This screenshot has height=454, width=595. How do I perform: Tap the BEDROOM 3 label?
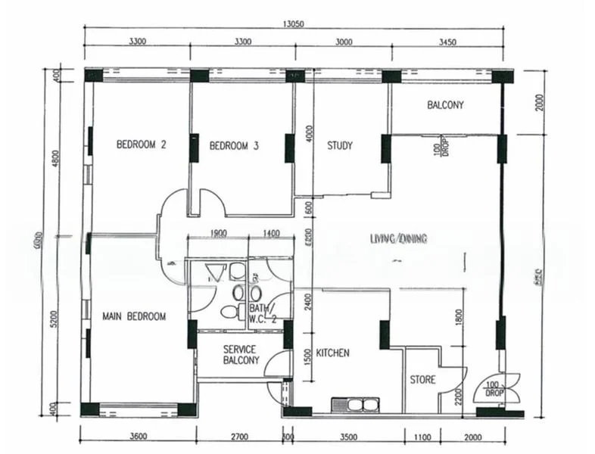coord(234,146)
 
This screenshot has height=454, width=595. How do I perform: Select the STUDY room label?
coord(339,146)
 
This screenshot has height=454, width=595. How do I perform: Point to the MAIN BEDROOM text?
coord(134,316)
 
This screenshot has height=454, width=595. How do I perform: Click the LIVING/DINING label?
coord(399,239)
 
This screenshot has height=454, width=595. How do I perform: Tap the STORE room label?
coord(422,379)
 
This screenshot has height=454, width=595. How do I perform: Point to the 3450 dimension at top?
coord(447,42)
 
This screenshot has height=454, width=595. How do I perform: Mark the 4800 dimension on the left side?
coord(55,161)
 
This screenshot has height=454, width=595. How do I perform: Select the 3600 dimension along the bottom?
coord(137,437)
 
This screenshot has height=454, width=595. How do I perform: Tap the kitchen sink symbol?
coord(354,404)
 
